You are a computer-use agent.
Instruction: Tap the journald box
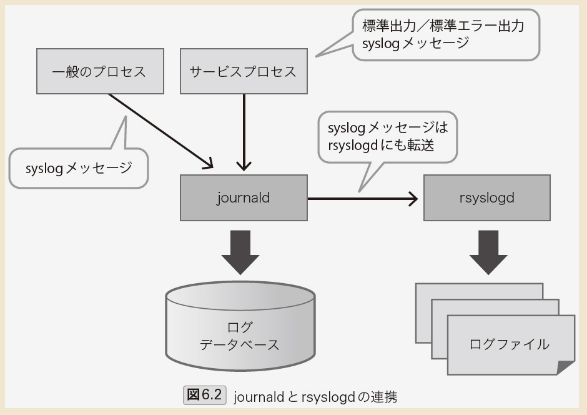(x=244, y=198)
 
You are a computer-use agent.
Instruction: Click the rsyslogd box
(x=486, y=198)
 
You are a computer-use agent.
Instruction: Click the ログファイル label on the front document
(x=509, y=344)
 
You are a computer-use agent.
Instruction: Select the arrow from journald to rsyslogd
(x=362, y=199)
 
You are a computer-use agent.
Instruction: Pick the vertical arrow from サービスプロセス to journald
(x=244, y=131)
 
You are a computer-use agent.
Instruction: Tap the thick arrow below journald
(x=240, y=250)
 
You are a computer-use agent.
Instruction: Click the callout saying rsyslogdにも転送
(x=387, y=136)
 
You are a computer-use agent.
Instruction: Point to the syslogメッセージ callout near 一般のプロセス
(x=79, y=167)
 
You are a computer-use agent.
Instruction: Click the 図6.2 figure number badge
(x=204, y=396)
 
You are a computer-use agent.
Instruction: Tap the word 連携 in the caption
(x=382, y=397)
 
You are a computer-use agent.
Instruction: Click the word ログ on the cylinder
(x=240, y=327)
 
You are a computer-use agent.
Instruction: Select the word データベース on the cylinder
(x=240, y=344)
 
